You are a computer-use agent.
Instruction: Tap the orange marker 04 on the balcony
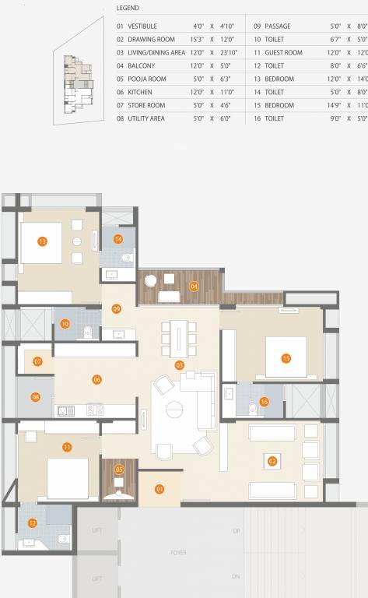pos(194,287)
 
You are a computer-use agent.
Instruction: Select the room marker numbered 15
pos(286,358)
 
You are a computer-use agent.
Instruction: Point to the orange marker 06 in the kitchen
pos(97,379)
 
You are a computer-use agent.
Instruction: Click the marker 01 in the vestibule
pos(159,489)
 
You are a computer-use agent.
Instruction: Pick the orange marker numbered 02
pos(272,460)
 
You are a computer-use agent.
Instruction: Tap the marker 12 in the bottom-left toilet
pos(33,524)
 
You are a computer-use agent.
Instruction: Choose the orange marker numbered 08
pos(36,397)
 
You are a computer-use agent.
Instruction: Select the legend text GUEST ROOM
pos(284,52)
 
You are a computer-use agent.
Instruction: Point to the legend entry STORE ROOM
pos(146,105)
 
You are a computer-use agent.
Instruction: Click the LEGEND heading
pos(128,9)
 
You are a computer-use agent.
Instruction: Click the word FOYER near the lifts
pos(179,553)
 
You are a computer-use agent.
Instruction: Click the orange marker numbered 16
pos(265,402)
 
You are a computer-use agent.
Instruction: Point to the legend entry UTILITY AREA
pos(146,118)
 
